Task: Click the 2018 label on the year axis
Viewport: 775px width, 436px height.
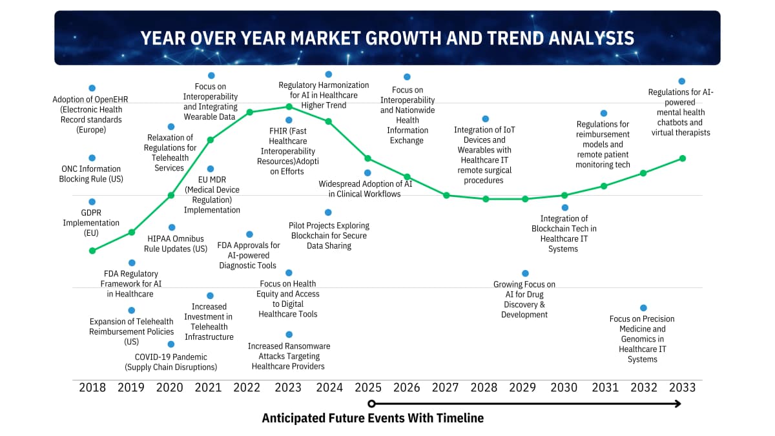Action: point(92,388)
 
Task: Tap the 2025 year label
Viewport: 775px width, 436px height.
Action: point(368,388)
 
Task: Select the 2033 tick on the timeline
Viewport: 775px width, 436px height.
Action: point(682,388)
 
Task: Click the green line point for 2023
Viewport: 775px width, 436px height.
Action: point(289,107)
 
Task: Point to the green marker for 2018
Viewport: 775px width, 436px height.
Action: point(92,251)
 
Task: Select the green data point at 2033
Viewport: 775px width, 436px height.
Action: point(682,158)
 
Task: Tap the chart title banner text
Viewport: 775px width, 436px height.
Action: point(387,38)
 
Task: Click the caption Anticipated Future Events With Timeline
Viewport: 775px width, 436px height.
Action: point(373,418)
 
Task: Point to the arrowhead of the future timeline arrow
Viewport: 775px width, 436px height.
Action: point(677,404)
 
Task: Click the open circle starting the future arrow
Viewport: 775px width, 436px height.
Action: point(371,404)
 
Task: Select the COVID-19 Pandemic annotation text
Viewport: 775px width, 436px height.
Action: point(171,362)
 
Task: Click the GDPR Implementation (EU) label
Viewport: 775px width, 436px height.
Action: point(91,223)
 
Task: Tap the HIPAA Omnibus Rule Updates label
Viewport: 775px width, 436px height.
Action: point(178,244)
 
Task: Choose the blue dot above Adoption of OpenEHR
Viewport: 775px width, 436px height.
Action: point(92,88)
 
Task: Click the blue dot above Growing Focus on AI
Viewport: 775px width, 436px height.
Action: point(525,273)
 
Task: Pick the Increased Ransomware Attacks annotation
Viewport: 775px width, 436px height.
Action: point(289,356)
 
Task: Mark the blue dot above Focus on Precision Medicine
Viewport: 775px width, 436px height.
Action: point(643,308)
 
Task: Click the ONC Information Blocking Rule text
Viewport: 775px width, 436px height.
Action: point(91,174)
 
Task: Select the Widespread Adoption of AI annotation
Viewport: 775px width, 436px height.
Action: point(365,189)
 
